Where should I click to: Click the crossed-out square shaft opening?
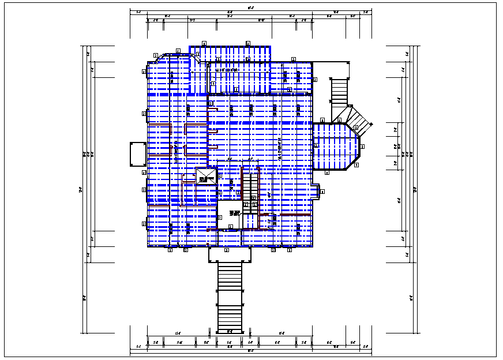point(205,176)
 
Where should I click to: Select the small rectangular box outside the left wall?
point(138,154)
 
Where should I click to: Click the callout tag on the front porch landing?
point(226,250)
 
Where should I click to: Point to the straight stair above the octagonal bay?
point(339,92)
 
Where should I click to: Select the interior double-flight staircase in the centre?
point(250,190)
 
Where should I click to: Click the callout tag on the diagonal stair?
point(356,127)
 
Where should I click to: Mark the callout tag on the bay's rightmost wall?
point(362,147)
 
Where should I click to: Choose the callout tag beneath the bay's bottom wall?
point(326,172)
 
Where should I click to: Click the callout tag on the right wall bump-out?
point(322,192)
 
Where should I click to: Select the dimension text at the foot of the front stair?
point(230,331)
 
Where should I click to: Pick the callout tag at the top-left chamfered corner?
point(156,55)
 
